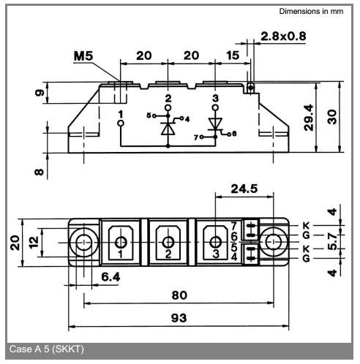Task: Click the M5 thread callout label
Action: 83,56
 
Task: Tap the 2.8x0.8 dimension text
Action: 283,37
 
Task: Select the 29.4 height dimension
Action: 309,118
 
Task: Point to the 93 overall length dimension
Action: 179,318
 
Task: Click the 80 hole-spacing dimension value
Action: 179,295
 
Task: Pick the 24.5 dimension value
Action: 244,189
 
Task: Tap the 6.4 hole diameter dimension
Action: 110,277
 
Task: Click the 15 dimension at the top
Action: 233,56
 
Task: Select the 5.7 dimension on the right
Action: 332,241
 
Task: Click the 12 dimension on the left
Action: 34,242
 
